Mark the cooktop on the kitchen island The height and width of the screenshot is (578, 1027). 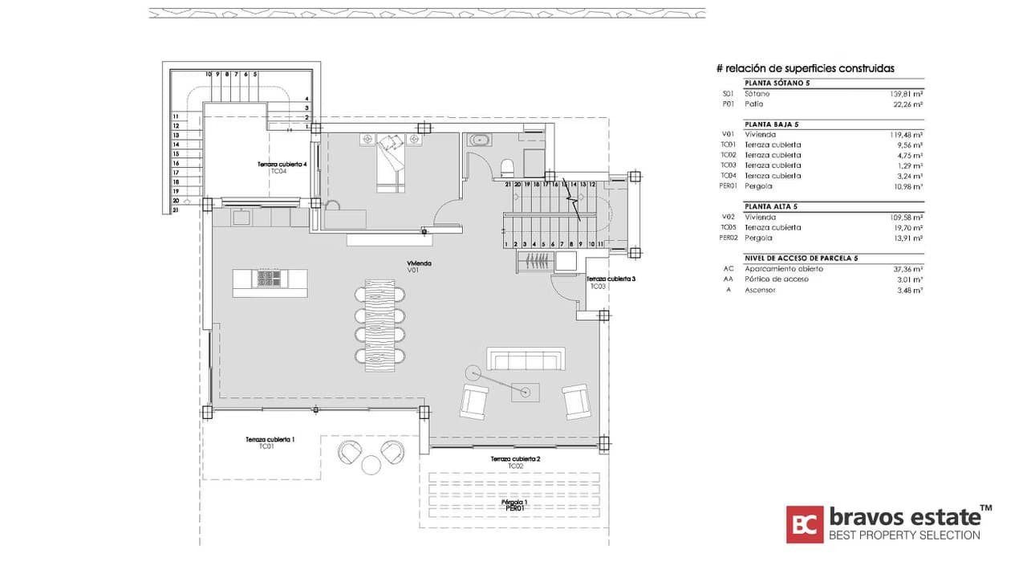269,279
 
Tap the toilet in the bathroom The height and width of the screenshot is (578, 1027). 507,168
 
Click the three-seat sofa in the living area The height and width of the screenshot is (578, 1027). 526,359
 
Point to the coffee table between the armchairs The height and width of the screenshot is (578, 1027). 526,393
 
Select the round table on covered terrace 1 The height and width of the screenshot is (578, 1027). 371,465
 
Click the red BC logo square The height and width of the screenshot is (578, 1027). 804,524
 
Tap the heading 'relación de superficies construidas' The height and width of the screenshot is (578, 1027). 805,69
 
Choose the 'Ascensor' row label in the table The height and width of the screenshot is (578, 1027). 759,290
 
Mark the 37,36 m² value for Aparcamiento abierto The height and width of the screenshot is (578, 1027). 907,269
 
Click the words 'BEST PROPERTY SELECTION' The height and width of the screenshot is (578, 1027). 903,535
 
